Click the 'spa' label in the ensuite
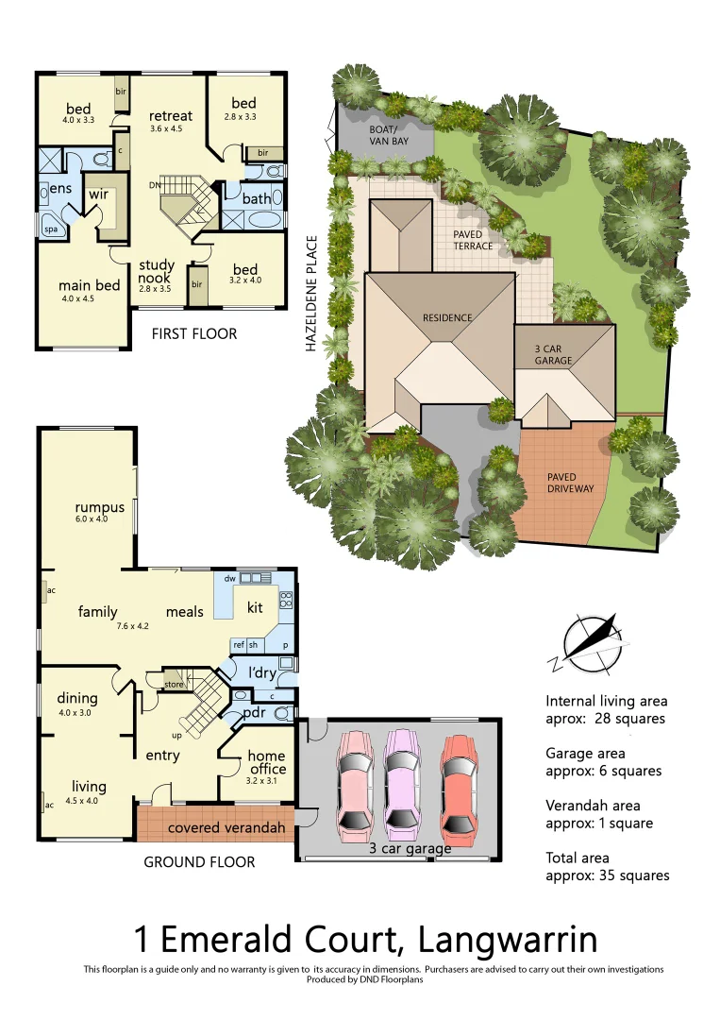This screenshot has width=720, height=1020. click(x=50, y=228)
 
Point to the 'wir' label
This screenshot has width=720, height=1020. click(x=99, y=194)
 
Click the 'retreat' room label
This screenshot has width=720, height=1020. click(x=171, y=116)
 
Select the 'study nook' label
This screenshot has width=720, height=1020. click(x=155, y=272)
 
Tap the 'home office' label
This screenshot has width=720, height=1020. click(x=266, y=762)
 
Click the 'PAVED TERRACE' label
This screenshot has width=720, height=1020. click(x=473, y=240)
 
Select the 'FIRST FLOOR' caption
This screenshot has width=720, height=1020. click(x=194, y=333)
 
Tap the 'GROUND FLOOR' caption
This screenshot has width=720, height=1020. click(x=199, y=861)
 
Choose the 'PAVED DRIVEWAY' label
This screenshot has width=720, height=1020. click(x=570, y=483)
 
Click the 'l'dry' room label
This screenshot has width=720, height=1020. click(x=261, y=672)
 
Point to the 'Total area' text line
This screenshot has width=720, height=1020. click(x=578, y=858)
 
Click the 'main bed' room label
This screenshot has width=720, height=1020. click(x=89, y=285)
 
